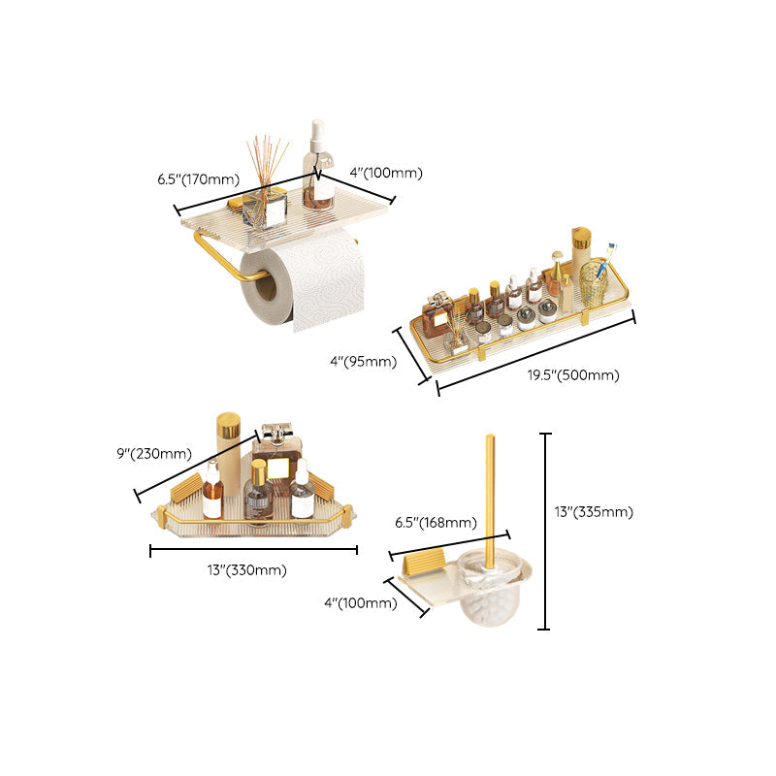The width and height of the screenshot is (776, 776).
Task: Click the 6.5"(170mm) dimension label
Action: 198,178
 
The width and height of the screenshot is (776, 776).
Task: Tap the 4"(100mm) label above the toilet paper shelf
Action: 386,173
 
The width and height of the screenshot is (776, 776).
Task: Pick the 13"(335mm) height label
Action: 595,511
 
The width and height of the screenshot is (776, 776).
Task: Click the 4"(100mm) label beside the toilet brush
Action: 360,602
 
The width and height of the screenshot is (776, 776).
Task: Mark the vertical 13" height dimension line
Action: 544,532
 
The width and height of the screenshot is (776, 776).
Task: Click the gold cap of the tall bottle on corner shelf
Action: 228,425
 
